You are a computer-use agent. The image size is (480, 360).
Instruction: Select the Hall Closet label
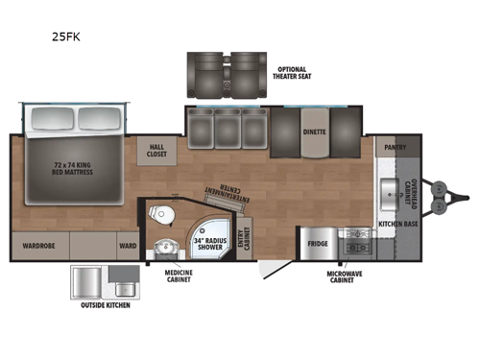[x=156, y=150]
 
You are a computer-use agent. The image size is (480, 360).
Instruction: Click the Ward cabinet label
[x=128, y=244]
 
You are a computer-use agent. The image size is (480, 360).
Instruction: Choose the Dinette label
[x=314, y=132]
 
